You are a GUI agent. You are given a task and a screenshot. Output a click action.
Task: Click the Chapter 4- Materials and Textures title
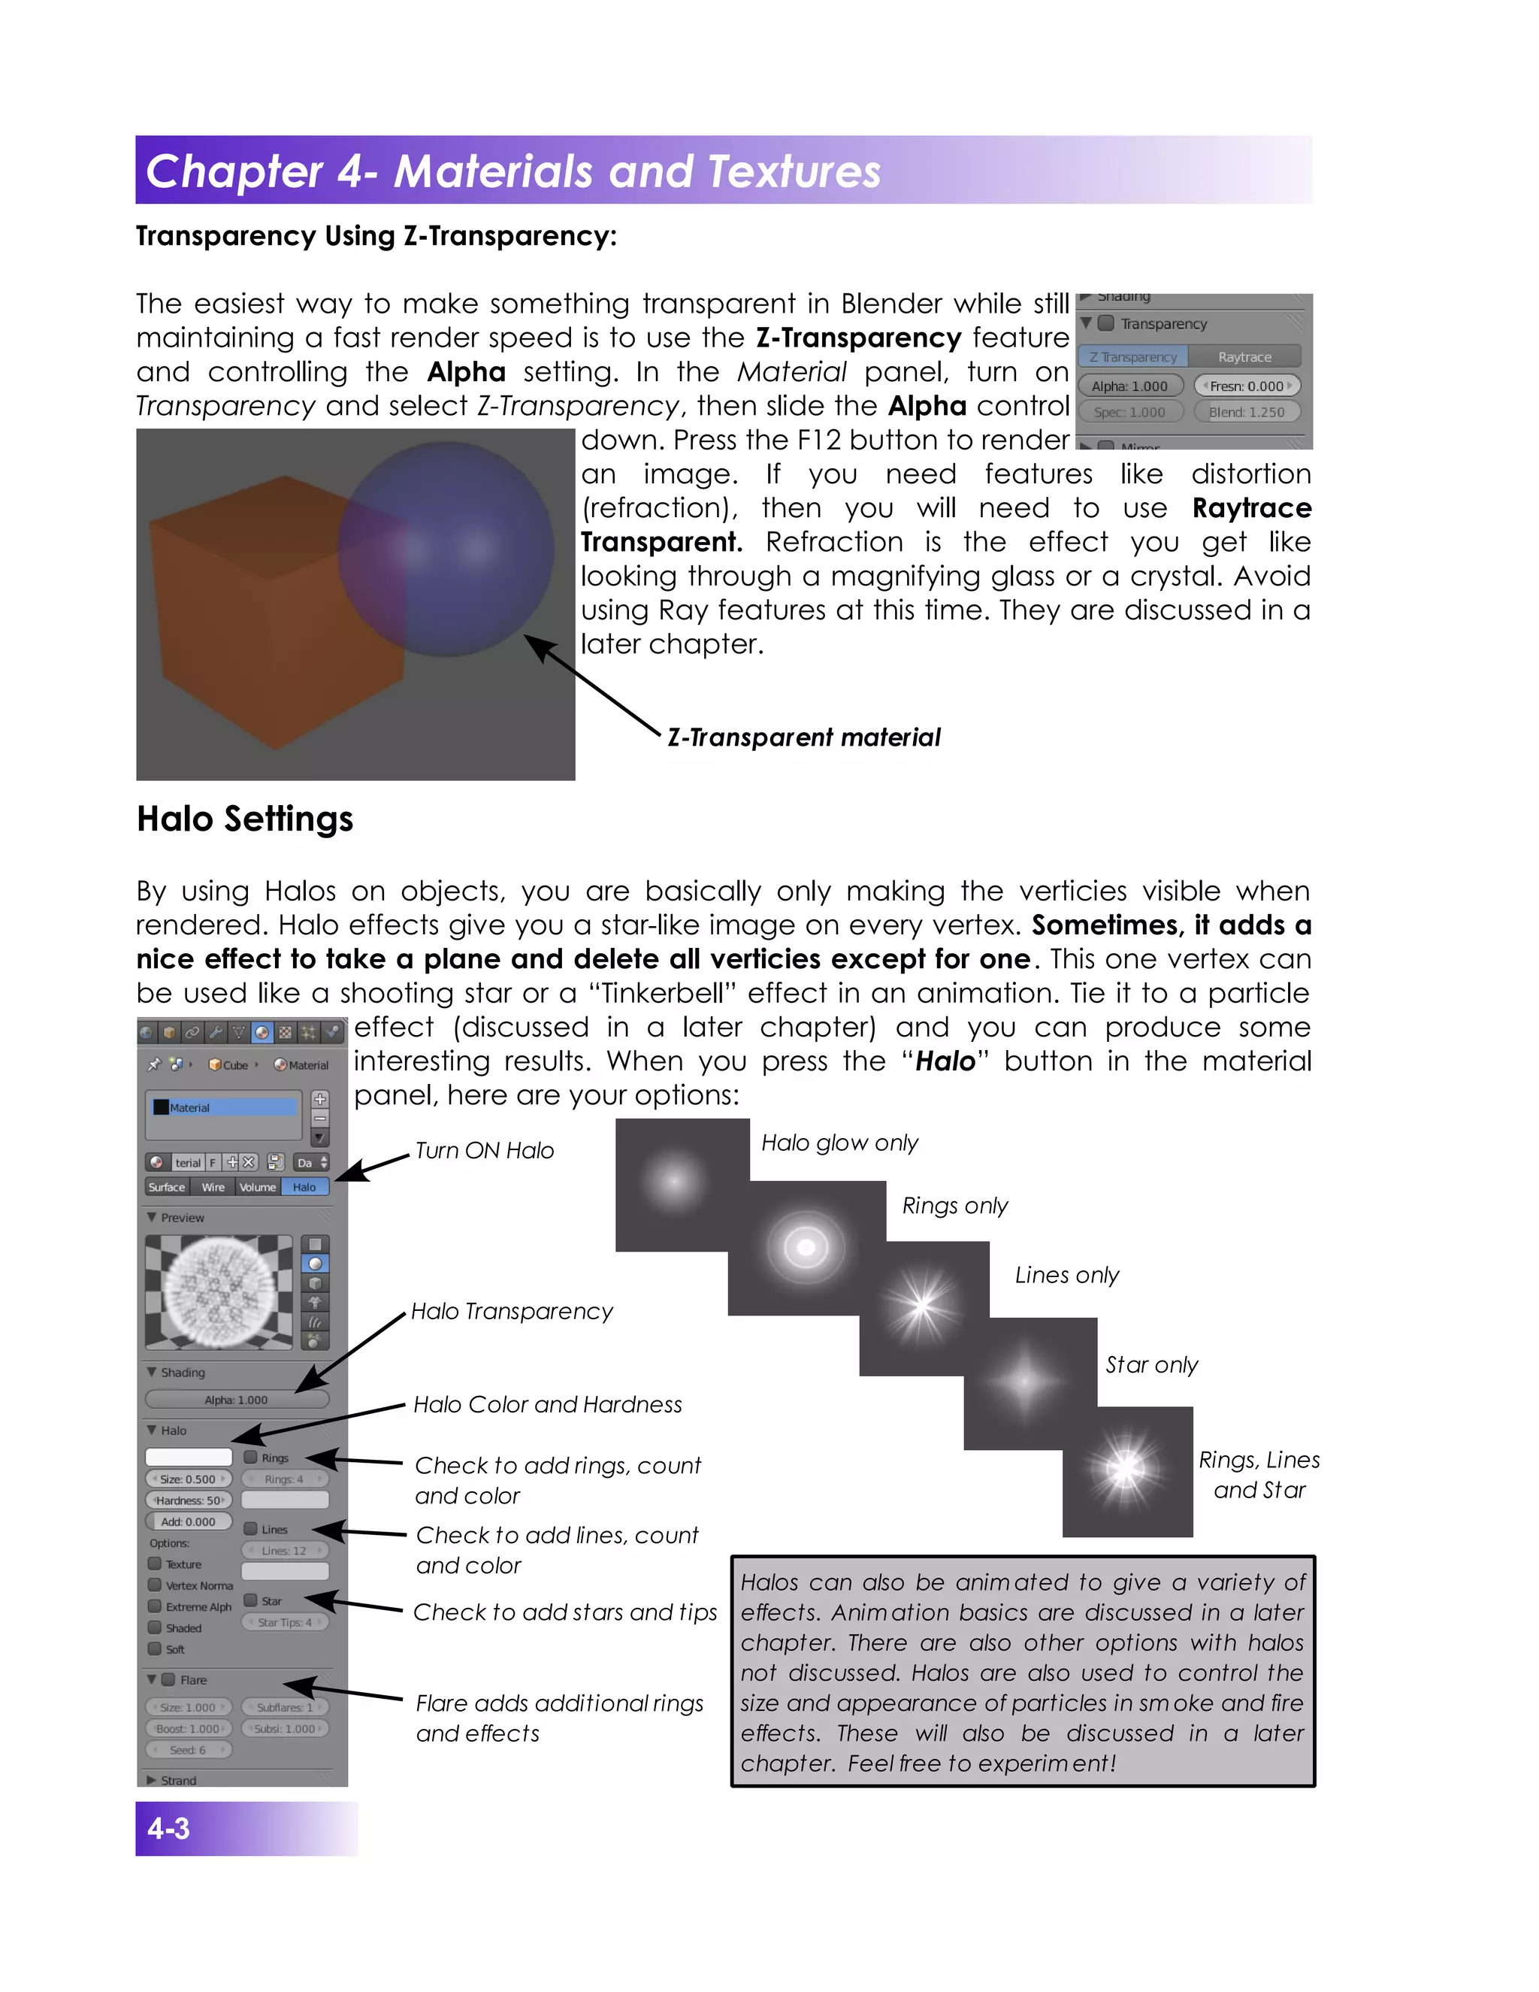(513, 171)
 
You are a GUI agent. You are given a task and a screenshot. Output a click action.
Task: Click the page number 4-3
(168, 1828)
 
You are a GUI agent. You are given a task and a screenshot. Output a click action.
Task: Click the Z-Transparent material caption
(803, 737)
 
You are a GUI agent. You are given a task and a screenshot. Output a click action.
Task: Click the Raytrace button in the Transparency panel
(1244, 356)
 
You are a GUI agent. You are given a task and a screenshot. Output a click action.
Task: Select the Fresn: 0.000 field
(1247, 386)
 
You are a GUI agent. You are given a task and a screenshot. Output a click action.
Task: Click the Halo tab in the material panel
(304, 1187)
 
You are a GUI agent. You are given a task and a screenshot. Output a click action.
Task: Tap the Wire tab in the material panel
(213, 1187)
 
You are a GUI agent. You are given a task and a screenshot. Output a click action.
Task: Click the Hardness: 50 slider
(189, 1500)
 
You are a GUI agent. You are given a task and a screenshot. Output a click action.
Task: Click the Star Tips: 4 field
(285, 1621)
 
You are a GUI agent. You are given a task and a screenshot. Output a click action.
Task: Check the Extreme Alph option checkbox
(155, 1606)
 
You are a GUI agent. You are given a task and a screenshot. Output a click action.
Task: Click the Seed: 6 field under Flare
(188, 1749)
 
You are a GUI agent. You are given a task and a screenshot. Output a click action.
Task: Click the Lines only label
(1067, 1275)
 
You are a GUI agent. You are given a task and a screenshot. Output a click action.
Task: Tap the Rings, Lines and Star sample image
(1127, 1470)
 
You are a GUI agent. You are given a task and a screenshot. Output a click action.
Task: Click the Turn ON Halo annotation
(484, 1150)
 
